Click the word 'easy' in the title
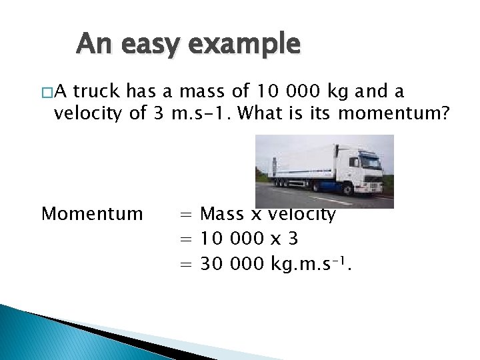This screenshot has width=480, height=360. point(148,45)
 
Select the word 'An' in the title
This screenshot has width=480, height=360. point(92,44)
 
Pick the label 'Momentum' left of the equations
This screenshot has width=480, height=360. point(92,213)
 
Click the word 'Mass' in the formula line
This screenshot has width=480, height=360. point(222,214)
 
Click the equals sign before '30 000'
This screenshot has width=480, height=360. point(185,265)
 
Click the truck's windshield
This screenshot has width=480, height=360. point(368,159)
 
